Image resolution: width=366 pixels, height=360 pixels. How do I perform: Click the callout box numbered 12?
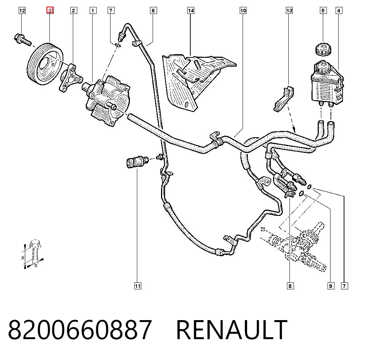22,11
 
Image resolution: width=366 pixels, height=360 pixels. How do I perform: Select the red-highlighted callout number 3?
50,10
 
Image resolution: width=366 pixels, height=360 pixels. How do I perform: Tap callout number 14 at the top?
191,11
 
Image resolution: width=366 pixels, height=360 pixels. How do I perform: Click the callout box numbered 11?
138,286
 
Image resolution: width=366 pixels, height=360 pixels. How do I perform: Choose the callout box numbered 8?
290,286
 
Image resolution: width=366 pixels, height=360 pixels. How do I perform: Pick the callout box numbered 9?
330,286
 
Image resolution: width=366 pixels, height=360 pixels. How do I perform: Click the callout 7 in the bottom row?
344,286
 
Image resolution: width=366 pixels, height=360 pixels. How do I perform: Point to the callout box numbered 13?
289,11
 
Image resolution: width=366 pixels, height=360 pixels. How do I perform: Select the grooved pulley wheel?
45,64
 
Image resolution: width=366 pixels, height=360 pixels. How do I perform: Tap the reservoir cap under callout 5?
323,49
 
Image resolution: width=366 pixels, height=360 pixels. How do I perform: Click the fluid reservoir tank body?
327,83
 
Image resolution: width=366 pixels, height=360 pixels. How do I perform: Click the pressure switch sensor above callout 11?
137,162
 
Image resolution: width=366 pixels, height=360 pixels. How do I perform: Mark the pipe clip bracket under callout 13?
284,98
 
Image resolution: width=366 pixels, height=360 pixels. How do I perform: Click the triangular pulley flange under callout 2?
70,78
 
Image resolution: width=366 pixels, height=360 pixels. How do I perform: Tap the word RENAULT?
232,330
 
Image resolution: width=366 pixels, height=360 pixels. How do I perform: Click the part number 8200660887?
80,330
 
